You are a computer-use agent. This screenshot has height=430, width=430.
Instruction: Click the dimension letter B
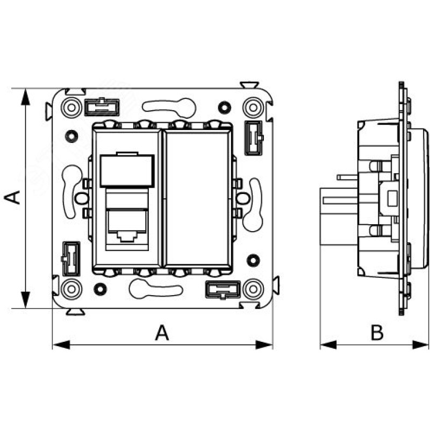pos(377,333)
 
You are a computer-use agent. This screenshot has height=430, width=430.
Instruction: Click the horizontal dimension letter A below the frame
pos(162,333)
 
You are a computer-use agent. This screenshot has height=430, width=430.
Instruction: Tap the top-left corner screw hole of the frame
pos(70,107)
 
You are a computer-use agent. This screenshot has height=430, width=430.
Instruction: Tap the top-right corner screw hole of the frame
pos(252,107)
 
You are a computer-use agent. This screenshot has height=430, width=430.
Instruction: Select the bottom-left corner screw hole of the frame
pos(70,289)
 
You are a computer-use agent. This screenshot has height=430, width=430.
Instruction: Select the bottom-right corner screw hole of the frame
pos(252,289)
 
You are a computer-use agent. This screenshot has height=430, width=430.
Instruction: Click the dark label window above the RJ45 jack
pos(127,170)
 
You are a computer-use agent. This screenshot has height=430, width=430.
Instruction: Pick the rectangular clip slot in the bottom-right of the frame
pos(221,289)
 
